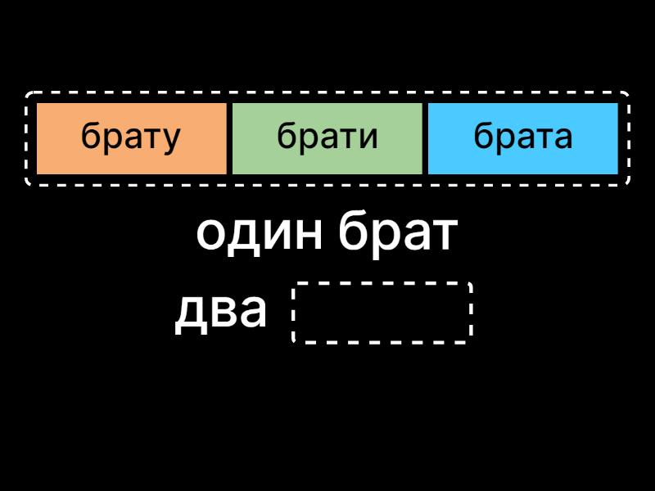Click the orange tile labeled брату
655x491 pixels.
click(x=131, y=137)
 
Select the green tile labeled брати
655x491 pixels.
click(x=327, y=137)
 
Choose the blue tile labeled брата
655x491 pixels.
click(x=522, y=137)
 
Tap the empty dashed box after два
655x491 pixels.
click(x=382, y=312)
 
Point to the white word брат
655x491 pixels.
click(x=397, y=235)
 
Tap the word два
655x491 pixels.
click(x=221, y=312)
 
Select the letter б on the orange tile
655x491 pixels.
click(x=90, y=136)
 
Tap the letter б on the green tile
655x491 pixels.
click(x=286, y=136)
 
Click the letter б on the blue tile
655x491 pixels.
click(x=482, y=136)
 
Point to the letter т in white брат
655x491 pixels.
click(x=442, y=236)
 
